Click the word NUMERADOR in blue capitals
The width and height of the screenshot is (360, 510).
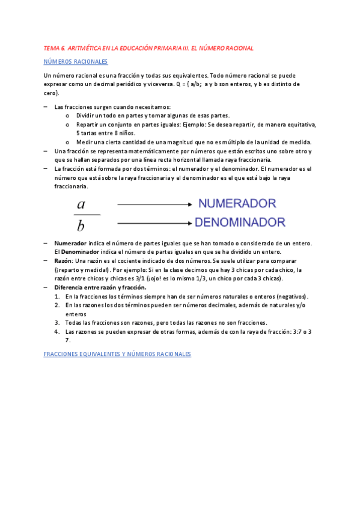(x=237, y=204)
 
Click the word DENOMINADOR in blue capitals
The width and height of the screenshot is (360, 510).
(x=242, y=222)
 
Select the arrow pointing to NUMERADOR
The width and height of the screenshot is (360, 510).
(x=155, y=204)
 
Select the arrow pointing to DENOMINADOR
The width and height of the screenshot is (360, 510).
(x=155, y=223)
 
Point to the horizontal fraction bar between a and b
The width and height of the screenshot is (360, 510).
(x=87, y=215)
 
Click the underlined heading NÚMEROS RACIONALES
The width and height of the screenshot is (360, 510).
(x=76, y=61)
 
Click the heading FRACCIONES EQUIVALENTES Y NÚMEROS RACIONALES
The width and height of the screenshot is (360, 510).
(x=117, y=354)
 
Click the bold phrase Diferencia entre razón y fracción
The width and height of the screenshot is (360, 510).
(x=96, y=287)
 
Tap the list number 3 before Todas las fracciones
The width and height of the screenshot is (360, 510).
(x=56, y=322)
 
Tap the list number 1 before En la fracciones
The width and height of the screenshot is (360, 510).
(x=56, y=296)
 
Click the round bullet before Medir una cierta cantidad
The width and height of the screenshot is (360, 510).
(x=67, y=142)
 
